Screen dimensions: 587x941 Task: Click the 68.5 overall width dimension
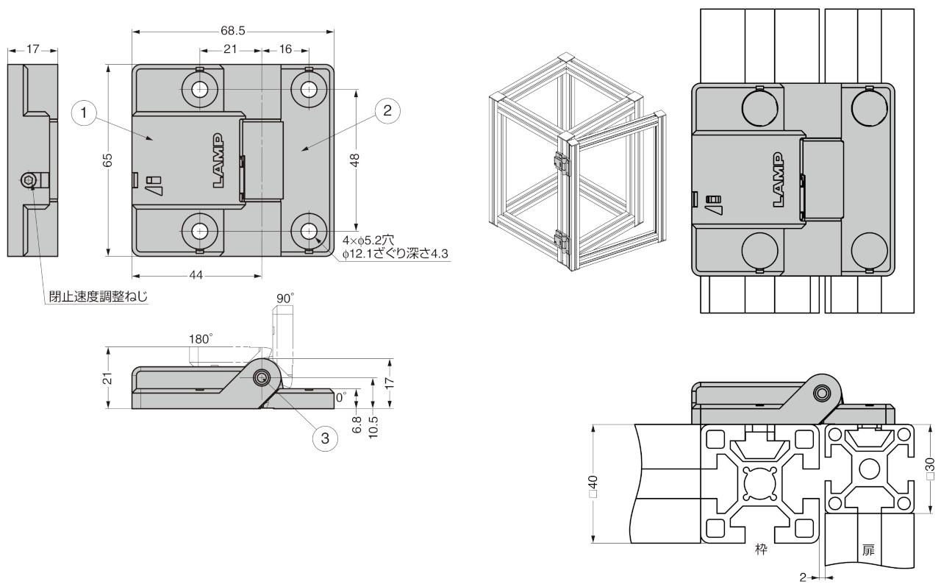tap(232, 31)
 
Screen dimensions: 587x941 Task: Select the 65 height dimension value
tap(107, 160)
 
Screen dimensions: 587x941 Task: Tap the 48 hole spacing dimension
tap(356, 160)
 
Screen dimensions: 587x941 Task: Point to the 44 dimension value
tap(196, 276)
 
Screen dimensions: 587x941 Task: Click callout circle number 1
tap(85, 113)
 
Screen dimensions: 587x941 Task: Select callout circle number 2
tap(387, 111)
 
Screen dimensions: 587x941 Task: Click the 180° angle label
tap(201, 339)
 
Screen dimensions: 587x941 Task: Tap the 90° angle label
tap(285, 298)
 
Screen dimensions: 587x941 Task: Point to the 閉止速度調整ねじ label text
tap(98, 297)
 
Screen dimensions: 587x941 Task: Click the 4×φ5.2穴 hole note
tap(369, 240)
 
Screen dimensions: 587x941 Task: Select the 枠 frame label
tap(762, 549)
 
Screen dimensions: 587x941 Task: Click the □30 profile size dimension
tap(930, 469)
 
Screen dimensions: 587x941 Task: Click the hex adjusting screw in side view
tap(29, 181)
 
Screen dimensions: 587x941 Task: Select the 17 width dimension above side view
tap(33, 50)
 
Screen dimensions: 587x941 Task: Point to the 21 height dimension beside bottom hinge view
tap(107, 378)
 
